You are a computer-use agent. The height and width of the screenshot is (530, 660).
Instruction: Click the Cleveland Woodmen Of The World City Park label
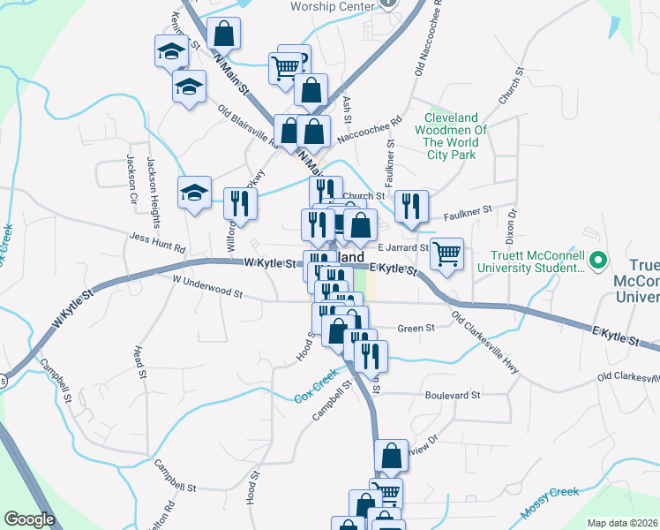tap(451, 136)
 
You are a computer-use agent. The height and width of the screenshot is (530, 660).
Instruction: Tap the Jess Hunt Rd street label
tap(157, 243)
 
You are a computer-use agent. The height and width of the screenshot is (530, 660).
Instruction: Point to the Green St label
tap(416, 328)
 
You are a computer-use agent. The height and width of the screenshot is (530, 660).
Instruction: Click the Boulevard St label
tap(452, 396)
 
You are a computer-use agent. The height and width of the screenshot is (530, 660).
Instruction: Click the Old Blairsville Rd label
tap(248, 125)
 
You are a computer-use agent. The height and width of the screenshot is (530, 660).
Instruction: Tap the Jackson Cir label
tap(131, 173)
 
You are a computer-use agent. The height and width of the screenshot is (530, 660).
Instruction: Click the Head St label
tap(140, 363)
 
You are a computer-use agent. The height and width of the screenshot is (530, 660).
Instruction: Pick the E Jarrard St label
tap(402, 248)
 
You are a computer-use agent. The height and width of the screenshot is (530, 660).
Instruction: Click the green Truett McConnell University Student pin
tap(597, 261)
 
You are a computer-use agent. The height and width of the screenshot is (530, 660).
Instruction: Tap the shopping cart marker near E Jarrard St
tap(447, 254)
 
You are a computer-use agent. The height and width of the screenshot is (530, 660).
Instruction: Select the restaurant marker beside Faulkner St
tap(411, 207)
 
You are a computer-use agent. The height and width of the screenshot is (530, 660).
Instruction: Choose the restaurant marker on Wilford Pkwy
tap(239, 204)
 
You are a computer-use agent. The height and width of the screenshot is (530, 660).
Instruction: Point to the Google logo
tap(30, 519)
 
